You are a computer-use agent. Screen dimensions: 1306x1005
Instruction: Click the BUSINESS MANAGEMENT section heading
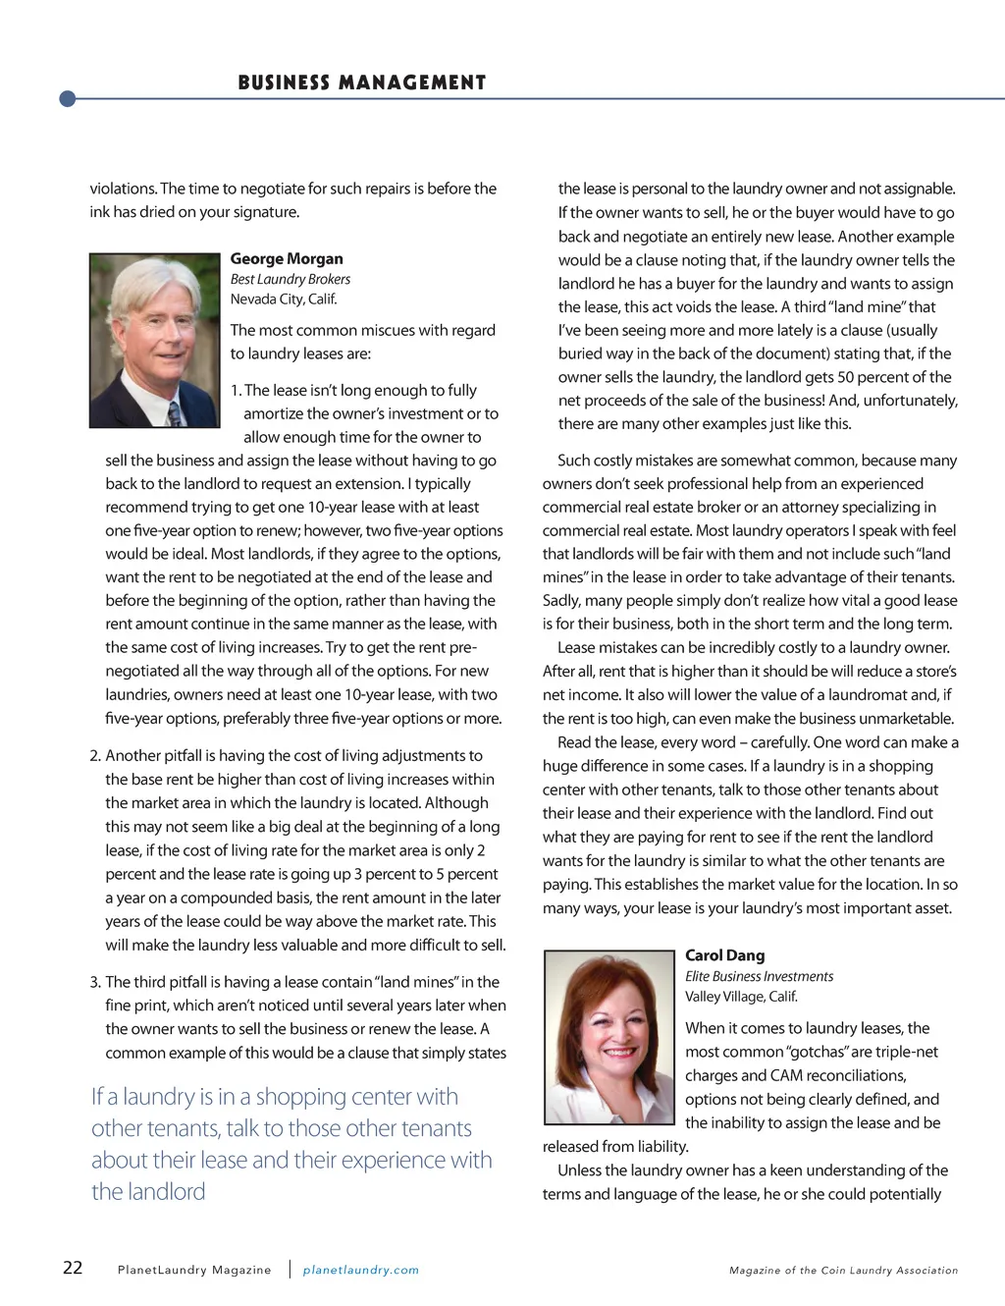361,82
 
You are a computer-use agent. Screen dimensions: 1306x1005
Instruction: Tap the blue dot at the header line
68,98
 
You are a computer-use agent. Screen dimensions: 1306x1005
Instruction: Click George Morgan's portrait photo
154,341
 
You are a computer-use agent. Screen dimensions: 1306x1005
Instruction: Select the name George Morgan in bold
287,258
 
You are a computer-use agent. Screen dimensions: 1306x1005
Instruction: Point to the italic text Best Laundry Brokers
291,279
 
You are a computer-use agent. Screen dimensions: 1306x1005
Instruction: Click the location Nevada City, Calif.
284,299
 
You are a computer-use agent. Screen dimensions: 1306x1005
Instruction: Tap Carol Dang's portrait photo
609,1037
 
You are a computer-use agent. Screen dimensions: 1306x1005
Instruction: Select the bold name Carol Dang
724,955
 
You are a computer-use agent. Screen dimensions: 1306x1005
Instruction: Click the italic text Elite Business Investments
759,976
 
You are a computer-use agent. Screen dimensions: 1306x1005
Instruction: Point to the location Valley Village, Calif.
741,996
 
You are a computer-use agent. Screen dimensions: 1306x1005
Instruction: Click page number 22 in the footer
73,1268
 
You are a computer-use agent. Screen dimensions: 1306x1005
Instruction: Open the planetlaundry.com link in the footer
360,1270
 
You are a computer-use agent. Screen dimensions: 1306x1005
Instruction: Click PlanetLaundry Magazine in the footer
194,1270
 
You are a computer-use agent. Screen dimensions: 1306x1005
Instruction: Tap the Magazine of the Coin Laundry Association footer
843,1270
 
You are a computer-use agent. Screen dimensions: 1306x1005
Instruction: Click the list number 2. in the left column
95,755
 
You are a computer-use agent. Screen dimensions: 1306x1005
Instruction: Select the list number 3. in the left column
95,982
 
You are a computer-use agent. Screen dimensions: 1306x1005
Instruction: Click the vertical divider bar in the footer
290,1269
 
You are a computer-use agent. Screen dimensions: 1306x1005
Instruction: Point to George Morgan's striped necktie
175,413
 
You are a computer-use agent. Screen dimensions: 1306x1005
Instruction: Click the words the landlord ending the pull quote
148,1191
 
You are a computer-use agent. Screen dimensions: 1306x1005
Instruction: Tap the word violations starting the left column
123,189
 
